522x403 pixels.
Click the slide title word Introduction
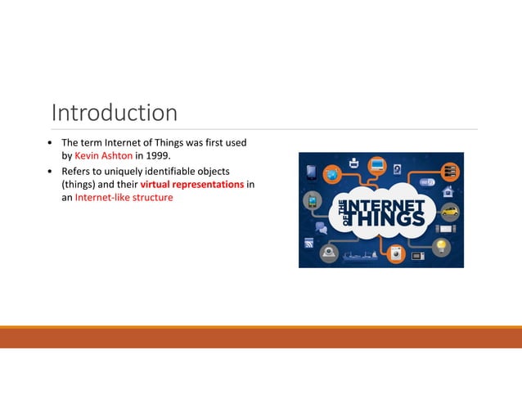click(115, 112)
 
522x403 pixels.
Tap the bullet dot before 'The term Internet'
click(50, 143)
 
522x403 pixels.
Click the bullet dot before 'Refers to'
click(50, 172)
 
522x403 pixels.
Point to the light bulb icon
click(442, 244)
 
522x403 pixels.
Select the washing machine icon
click(397, 253)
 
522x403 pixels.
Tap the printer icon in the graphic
click(353, 162)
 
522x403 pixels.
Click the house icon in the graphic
click(448, 192)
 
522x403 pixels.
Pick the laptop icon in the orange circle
click(377, 166)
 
